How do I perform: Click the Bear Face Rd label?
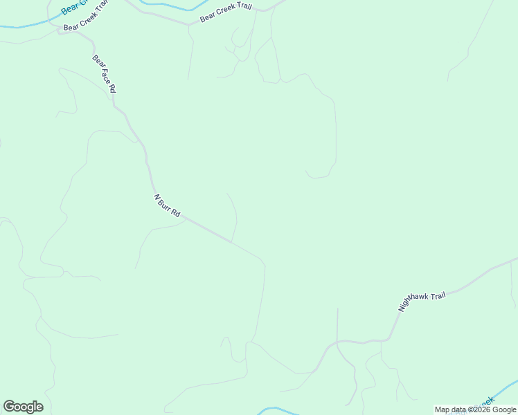(104, 75)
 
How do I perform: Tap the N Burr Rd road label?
(167, 206)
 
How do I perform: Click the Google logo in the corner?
(23, 407)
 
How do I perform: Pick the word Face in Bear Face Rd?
(104, 75)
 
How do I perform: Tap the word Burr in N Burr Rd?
(166, 205)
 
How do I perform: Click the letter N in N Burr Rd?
(157, 197)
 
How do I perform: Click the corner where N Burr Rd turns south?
(264, 262)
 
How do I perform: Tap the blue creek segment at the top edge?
(166, 8)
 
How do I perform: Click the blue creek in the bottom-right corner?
(509, 384)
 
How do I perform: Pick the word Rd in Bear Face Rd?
(111, 89)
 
